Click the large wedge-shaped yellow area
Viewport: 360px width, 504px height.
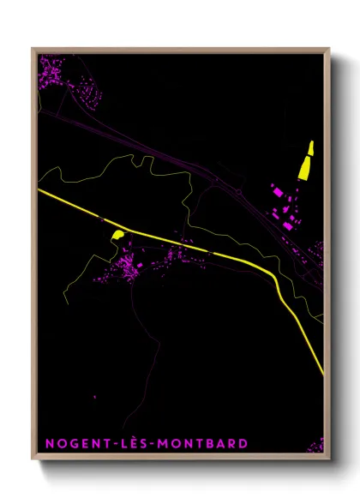tap(303, 164)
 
